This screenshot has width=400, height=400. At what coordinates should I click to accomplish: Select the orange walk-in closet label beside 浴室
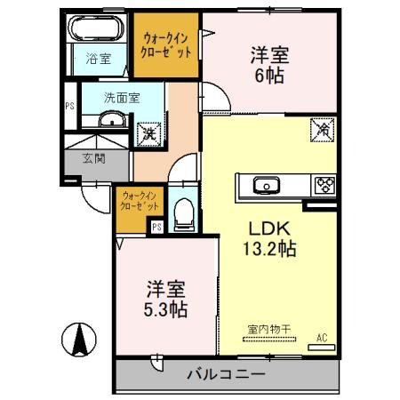click(x=166, y=45)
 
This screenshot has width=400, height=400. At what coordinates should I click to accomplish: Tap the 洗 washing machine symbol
click(x=148, y=133)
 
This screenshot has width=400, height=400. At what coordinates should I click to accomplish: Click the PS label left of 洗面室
click(x=68, y=107)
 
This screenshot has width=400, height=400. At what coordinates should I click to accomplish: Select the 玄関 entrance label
click(x=95, y=159)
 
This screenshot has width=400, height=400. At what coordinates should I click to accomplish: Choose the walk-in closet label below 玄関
click(x=140, y=199)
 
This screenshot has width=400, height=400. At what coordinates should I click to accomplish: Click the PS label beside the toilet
click(x=156, y=226)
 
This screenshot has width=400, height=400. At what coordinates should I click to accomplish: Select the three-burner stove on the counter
click(x=324, y=186)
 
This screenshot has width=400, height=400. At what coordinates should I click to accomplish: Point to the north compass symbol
click(x=78, y=338)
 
